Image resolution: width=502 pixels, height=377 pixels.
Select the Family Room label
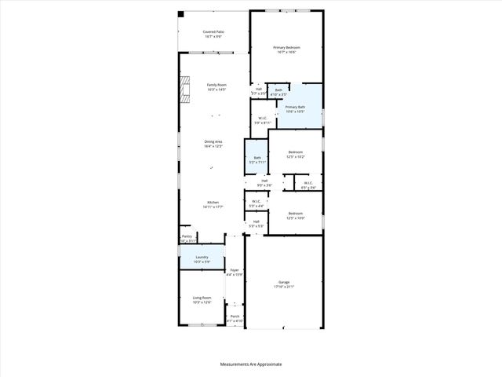click(x=216, y=86)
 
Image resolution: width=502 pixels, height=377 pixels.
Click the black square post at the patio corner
click(x=180, y=13)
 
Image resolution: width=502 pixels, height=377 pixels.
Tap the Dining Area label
click(x=213, y=144)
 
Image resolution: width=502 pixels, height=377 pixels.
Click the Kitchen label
click(x=213, y=205)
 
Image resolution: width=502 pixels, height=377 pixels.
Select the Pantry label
click(x=187, y=237)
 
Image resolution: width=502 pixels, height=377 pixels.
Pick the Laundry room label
click(x=202, y=258)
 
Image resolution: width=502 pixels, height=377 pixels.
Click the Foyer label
click(x=235, y=272)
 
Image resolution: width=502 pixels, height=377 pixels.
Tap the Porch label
click(x=235, y=317)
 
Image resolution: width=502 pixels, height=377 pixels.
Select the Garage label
click(x=284, y=284)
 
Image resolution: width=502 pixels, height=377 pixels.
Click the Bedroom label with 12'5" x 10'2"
click(x=295, y=154)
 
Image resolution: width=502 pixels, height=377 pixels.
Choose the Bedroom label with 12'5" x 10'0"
click(x=295, y=215)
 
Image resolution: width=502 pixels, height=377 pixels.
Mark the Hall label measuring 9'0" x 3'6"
click(x=265, y=183)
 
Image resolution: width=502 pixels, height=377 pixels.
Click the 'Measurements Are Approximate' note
click(x=250, y=364)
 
